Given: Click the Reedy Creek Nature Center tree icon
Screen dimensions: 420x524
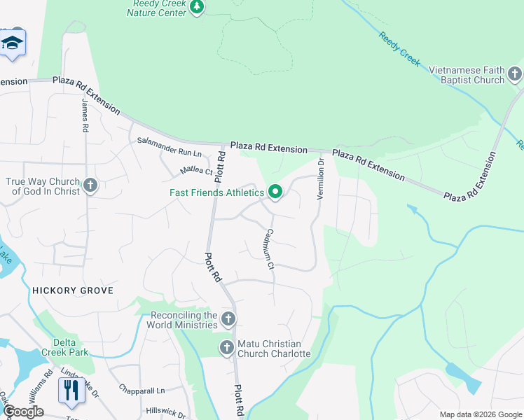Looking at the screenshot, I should [x=198, y=7].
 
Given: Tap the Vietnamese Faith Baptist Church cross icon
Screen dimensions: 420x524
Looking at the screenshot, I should [x=515, y=73].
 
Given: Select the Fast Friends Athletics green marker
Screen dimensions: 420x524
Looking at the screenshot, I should [x=275, y=192].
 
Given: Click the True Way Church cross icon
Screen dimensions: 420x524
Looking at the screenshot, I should [x=90, y=185].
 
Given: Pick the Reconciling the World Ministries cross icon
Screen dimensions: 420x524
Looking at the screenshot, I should [x=228, y=320].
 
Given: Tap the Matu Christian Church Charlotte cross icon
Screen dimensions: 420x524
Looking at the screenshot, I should [x=226, y=347].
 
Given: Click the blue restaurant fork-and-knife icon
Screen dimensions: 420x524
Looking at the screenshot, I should [x=71, y=390].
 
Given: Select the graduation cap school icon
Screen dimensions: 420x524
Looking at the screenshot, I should [x=12, y=43].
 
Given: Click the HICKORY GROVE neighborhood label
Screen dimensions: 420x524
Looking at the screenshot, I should [x=71, y=290].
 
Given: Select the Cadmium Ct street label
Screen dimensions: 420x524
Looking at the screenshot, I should [x=269, y=248].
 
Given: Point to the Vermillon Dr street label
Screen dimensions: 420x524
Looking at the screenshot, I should [x=320, y=178].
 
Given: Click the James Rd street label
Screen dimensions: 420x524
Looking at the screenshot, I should [x=85, y=115].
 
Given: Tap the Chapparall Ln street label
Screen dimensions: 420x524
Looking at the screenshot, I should [x=141, y=390].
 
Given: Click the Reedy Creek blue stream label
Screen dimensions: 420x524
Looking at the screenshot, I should [x=399, y=49].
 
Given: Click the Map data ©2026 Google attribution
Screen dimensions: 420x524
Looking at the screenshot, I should [x=480, y=414].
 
